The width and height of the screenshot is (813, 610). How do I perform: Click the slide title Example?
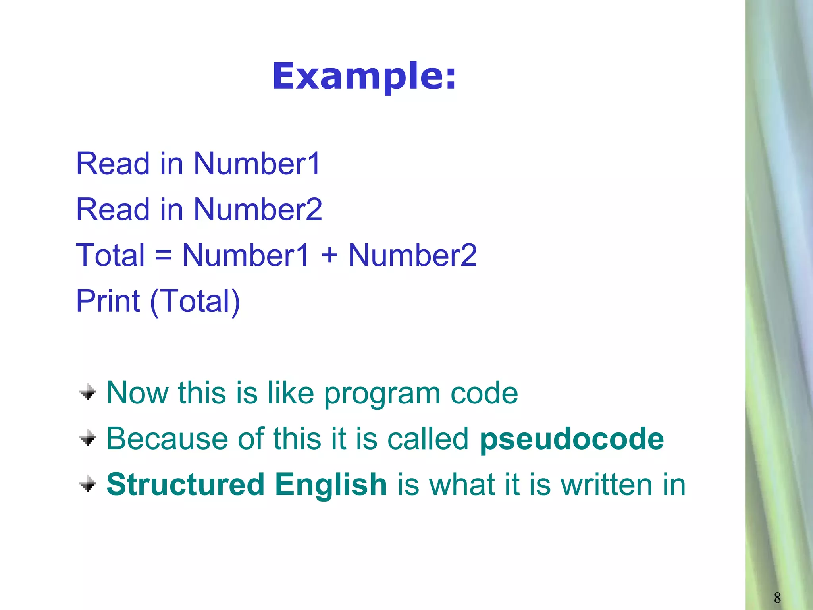(364, 76)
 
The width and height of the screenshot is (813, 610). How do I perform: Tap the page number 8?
(777, 597)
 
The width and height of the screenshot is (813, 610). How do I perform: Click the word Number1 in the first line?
(257, 164)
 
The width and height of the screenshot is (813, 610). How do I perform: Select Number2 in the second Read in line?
(258, 209)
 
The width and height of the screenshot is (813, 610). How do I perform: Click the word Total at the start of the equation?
(110, 255)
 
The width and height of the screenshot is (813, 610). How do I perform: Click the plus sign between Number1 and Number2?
(329, 255)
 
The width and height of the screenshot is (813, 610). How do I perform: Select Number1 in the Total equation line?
(245, 255)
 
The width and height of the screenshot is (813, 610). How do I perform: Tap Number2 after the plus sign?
(412, 255)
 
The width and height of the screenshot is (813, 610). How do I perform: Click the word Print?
(108, 301)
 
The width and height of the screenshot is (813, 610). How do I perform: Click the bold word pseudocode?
(572, 439)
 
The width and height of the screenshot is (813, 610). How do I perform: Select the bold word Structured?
(185, 485)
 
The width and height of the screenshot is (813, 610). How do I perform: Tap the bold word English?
(331, 485)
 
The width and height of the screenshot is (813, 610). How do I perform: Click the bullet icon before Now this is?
(88, 392)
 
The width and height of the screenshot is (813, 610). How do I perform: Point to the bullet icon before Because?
(88, 438)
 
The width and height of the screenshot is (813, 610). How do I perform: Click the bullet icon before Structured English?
(88, 484)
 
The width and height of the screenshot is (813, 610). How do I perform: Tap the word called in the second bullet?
(428, 439)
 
